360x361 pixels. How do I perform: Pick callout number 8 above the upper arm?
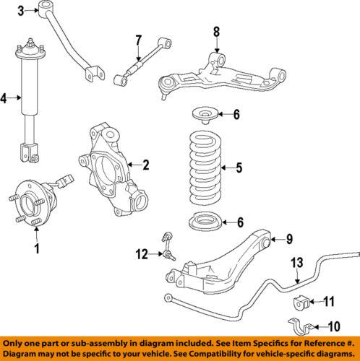(x=215, y=32)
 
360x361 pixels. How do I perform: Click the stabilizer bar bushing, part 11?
(x=303, y=301)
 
